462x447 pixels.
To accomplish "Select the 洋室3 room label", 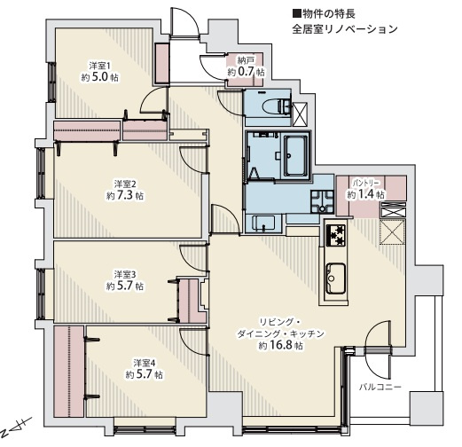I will click(124, 273).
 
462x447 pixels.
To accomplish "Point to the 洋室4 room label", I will click(144, 362).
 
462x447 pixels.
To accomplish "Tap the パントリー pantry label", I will click(366, 182).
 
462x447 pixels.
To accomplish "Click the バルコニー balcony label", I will click(380, 388).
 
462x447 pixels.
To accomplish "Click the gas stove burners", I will click(337, 235).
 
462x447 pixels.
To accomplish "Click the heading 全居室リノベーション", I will click(344, 28).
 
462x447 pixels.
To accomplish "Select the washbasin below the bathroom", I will click(263, 223).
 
